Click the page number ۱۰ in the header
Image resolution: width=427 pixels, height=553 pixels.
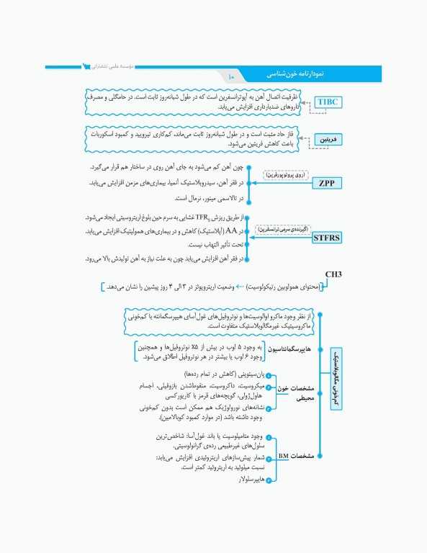click(x=232, y=76)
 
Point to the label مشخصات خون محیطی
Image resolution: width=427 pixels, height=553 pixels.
click(x=297, y=393)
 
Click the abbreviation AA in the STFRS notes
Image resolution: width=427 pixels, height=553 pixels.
click(x=231, y=230)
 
